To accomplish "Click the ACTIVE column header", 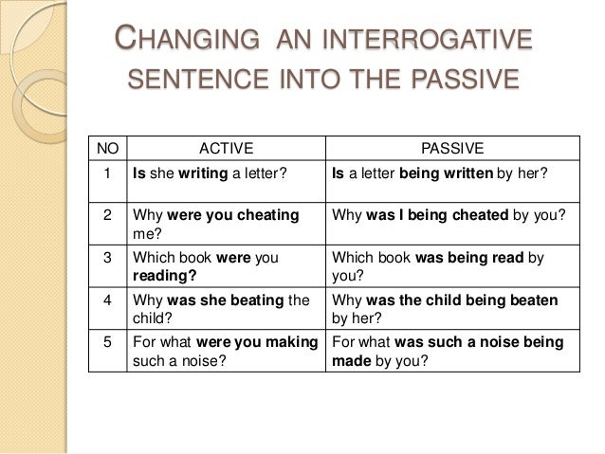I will point(226,148).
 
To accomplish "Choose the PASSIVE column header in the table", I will point(451,148).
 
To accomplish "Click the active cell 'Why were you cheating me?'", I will point(217,223).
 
